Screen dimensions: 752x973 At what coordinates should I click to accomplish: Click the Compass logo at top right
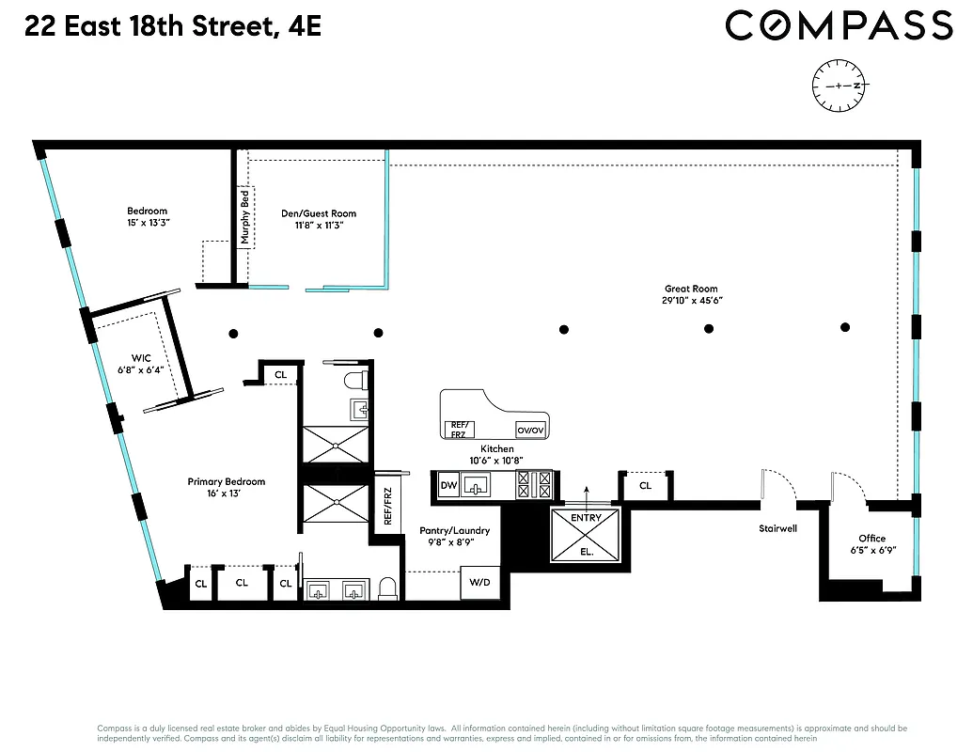(839, 25)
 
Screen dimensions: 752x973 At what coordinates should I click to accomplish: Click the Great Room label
(691, 290)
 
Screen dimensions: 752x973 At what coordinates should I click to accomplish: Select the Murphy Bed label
(245, 216)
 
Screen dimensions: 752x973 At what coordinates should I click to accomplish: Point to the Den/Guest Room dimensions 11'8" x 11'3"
(319, 226)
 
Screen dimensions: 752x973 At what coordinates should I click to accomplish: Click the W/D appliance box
(479, 583)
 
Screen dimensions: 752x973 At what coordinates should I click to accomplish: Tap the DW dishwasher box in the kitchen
(448, 486)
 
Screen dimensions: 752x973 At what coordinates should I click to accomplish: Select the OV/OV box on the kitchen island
(531, 430)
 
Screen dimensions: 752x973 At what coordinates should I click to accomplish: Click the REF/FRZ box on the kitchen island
(459, 429)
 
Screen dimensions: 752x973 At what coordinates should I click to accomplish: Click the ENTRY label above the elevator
(586, 518)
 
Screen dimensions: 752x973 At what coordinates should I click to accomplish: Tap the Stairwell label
(777, 528)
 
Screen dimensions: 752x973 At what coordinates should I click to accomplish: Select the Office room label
(871, 539)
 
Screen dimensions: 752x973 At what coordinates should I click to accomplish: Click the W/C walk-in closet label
(141, 356)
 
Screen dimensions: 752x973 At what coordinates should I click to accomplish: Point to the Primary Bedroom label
(226, 481)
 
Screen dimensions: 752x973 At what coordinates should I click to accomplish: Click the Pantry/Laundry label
(454, 531)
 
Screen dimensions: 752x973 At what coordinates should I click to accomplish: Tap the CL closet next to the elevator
(645, 486)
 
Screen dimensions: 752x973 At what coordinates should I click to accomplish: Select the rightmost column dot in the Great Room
(845, 327)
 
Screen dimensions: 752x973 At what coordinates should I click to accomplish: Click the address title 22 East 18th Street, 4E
(173, 25)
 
